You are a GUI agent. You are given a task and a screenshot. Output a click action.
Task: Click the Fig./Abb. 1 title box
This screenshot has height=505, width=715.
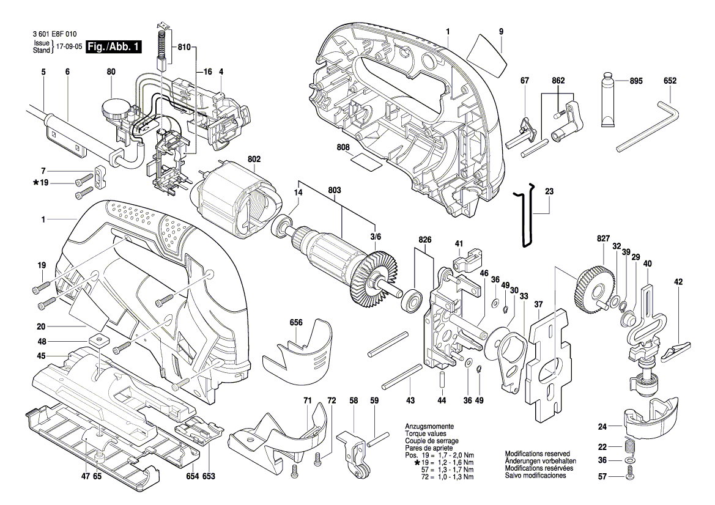[x=114, y=46]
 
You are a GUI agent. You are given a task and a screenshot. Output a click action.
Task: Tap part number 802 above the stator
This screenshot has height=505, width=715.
[x=254, y=159]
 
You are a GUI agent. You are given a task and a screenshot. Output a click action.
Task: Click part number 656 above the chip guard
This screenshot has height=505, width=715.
[x=296, y=323]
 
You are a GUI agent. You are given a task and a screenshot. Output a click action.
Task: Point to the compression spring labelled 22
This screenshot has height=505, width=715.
[x=630, y=447]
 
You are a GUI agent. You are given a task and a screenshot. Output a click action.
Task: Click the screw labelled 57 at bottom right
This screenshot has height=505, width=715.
[x=631, y=476]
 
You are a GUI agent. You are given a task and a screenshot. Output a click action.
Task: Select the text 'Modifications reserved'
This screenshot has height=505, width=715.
[x=537, y=454]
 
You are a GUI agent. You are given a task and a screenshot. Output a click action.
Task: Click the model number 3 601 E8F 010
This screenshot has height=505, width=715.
[x=54, y=34]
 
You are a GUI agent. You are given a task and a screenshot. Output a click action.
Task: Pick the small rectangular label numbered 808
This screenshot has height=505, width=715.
[x=366, y=161]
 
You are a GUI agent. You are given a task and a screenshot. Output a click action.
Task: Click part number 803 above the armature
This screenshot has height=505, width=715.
[x=334, y=190]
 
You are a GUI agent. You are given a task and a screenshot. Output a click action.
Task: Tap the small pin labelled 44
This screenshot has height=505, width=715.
[x=442, y=379]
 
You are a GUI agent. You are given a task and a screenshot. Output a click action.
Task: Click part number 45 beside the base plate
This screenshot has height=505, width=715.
[x=41, y=356]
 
